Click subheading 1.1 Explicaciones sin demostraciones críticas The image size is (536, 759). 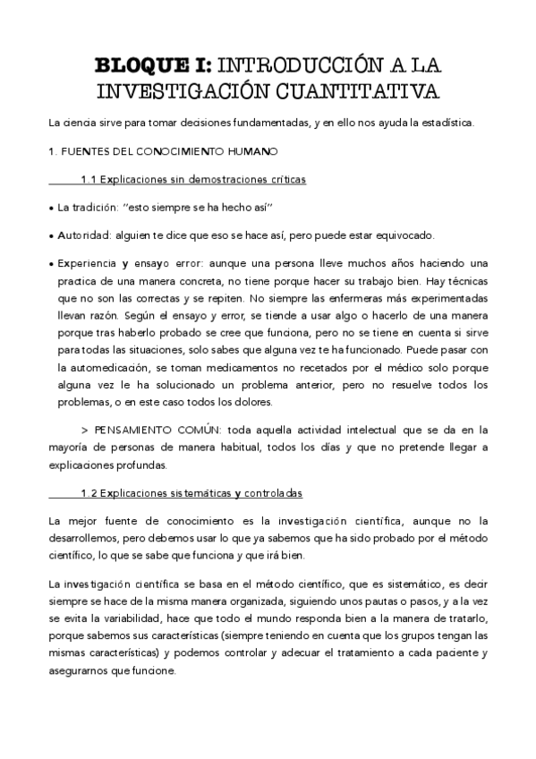coord(192,180)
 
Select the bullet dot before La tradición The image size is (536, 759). coord(50,209)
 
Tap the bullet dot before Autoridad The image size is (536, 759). coord(50,236)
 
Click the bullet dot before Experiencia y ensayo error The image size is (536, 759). coord(50,265)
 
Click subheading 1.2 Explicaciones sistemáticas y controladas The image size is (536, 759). coord(191,493)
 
